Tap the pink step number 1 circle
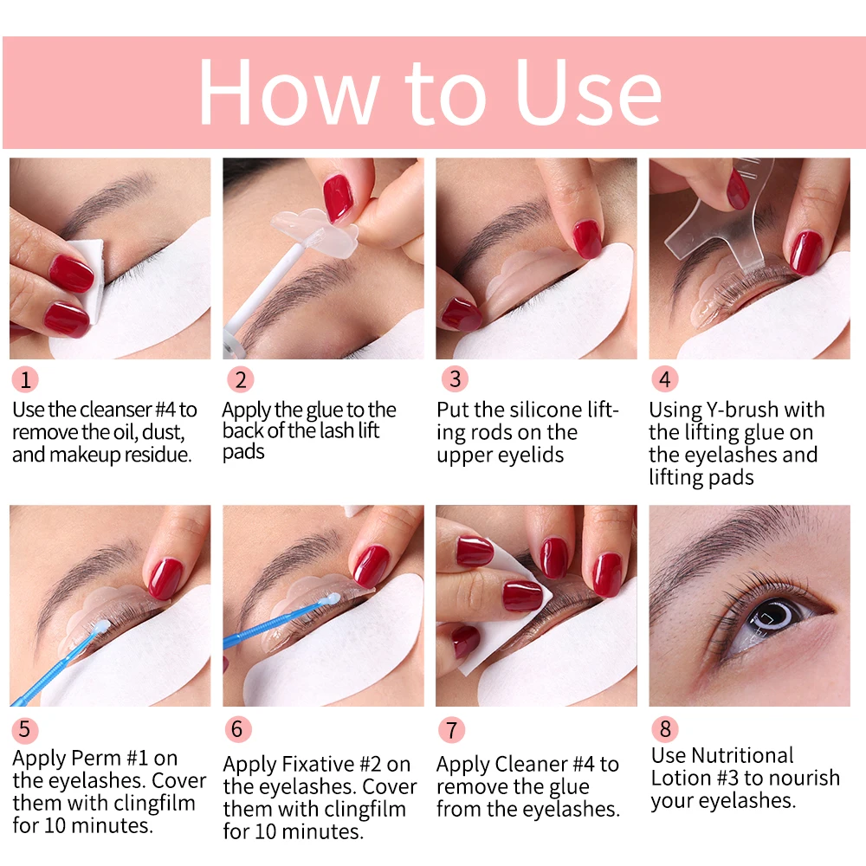[x=26, y=379]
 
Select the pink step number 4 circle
[x=665, y=379]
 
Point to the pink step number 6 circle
[x=238, y=729]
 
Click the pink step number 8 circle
[x=665, y=729]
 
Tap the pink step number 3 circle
[x=453, y=379]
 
